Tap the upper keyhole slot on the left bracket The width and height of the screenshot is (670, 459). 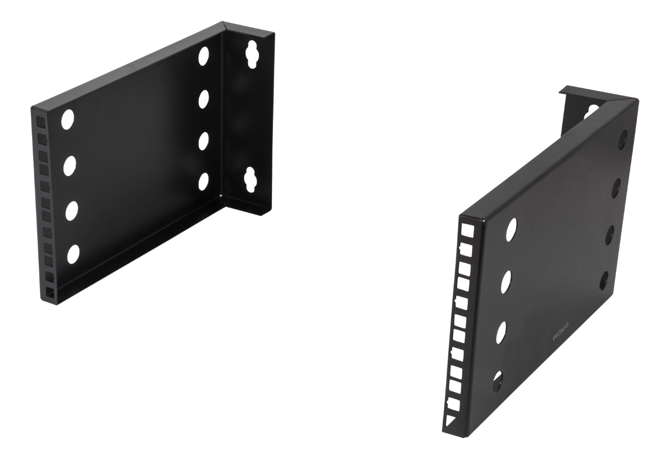(252, 54)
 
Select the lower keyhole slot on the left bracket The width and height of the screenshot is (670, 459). (250, 179)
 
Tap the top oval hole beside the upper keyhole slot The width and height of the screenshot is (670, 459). (203, 56)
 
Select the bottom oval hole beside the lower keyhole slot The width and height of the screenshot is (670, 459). (203, 182)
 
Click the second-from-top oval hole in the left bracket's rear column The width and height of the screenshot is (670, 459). (203, 99)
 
